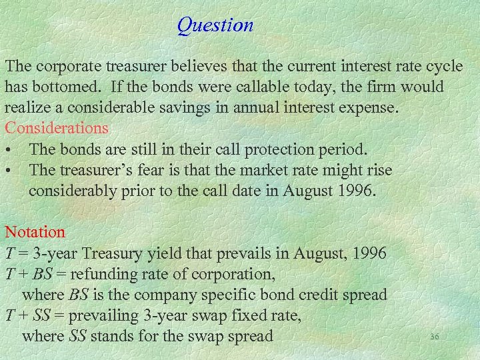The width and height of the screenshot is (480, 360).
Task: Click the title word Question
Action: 215,25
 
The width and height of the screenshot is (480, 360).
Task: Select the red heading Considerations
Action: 57,127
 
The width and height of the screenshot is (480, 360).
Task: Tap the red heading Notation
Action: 35,233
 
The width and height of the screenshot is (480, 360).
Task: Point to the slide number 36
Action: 435,337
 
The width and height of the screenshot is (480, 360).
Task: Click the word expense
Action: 369,108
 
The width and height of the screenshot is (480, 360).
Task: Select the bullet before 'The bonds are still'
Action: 9,149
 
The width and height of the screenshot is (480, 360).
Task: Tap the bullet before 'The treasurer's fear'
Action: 9,171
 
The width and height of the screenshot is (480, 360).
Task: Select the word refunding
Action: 102,274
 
